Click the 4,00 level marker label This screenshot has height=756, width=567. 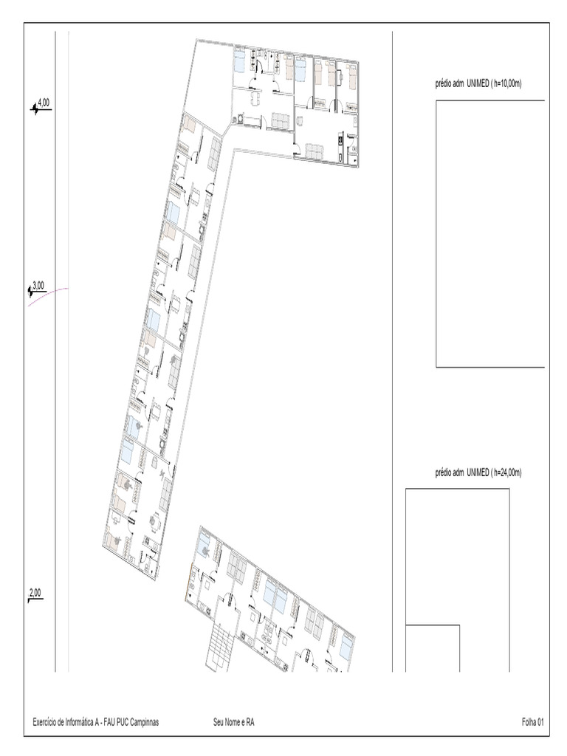coord(44,103)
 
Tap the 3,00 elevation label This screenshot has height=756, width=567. coord(38,286)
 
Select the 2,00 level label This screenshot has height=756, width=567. coord(35,593)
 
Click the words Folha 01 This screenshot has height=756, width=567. coord(533,722)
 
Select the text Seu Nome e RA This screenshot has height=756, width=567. coord(234,722)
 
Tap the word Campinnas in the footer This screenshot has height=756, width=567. coord(144,722)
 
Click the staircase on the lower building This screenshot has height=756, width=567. coord(219,645)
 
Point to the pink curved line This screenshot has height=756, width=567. coord(47,295)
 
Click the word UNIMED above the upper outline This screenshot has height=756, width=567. coord(478,83)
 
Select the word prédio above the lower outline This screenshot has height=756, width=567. coord(444,473)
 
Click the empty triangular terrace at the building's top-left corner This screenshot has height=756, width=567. coord(208,82)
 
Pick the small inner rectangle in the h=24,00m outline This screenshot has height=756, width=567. coord(433,648)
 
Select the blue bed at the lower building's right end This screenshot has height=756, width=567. coord(346,645)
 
